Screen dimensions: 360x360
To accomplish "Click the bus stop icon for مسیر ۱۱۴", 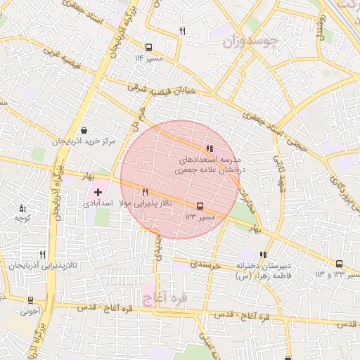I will click(148, 48).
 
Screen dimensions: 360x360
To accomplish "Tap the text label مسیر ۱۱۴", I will click(148, 58).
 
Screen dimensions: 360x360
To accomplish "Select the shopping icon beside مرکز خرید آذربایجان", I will click(84, 131).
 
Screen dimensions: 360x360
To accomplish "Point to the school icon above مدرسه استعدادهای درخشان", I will click(209, 148).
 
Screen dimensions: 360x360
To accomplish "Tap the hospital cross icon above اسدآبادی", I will click(98, 192).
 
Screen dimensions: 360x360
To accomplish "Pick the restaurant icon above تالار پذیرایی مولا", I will click(145, 192).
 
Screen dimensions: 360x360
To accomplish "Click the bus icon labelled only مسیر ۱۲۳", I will click(200, 207).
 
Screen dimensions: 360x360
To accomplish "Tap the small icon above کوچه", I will click(22, 207).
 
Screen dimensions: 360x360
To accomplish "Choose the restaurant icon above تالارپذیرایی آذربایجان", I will click(42, 255).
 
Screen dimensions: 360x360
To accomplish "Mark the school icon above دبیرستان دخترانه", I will click(263, 255).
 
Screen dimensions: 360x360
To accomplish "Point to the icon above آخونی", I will click(30, 298).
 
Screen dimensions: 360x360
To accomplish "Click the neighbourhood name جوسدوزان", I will click(251, 41).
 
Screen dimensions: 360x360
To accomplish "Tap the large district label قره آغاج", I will click(165, 299).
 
